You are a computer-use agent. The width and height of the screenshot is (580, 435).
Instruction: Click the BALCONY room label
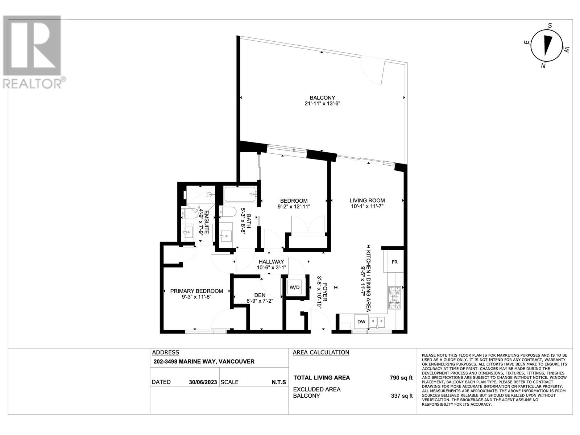(322, 98)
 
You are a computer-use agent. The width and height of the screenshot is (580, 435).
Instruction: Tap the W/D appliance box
(294, 287)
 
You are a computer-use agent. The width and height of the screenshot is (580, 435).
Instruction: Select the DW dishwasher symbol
(361, 322)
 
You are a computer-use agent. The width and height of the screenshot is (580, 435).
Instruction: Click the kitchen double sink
(378, 322)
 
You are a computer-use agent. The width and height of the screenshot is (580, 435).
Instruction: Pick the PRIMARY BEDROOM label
(196, 291)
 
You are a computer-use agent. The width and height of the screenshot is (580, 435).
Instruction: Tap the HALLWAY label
(271, 262)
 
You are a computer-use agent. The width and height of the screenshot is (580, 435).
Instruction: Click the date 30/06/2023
(203, 382)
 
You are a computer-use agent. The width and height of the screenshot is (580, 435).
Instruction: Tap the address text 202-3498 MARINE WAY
(203, 361)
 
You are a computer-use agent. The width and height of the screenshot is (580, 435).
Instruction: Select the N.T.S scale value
(278, 382)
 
